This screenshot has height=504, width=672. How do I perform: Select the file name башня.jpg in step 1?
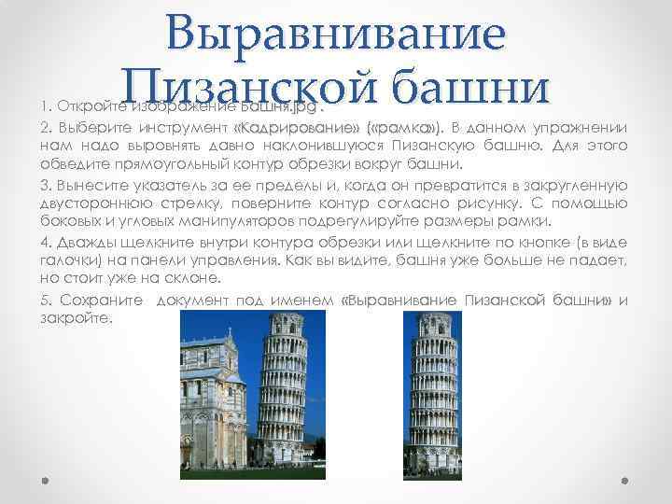click(263, 104)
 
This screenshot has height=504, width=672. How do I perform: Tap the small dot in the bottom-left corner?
click(45, 482)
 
